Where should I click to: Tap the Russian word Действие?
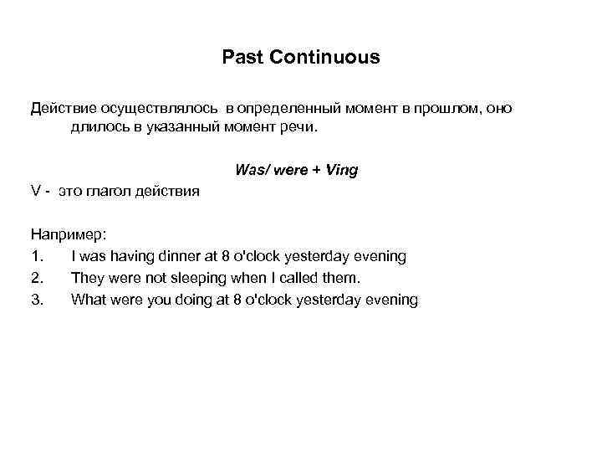click(x=64, y=109)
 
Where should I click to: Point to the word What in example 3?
click(x=88, y=299)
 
